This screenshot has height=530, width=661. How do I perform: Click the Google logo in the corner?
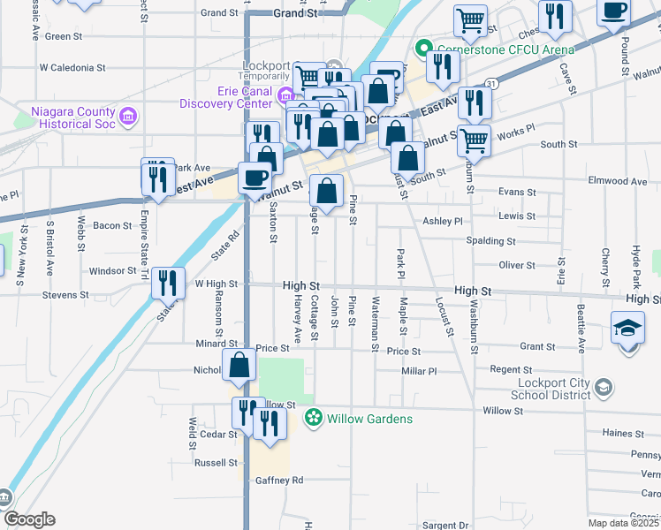(28, 519)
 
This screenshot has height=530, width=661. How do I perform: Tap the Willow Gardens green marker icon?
(312, 418)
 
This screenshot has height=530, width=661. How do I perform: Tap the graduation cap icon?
(628, 329)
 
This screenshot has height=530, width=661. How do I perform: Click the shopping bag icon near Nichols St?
(239, 365)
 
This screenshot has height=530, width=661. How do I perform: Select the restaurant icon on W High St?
(168, 283)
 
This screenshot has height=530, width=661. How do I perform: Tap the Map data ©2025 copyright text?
(624, 523)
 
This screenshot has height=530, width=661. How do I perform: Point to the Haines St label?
(623, 434)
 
